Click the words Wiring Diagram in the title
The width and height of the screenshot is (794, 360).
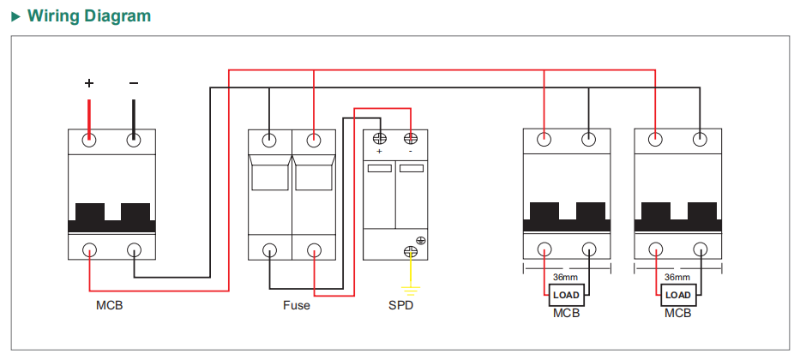pos(89,15)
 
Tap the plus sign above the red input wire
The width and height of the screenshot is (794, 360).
pos(89,83)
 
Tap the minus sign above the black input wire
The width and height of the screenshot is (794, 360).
pos(134,83)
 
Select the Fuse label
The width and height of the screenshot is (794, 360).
pos(297,306)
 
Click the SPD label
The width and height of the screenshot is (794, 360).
pos(401,306)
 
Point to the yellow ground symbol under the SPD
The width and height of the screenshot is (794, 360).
pos(411,291)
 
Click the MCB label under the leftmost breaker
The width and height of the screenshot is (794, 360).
pos(110,306)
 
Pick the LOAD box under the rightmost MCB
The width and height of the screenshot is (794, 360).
pos(678,295)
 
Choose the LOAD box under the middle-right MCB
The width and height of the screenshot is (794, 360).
pos(566,295)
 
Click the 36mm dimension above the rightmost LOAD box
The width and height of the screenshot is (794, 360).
pos(677,277)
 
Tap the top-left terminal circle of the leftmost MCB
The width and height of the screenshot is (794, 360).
pos(89,140)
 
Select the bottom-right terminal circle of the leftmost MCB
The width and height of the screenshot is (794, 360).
pos(134,250)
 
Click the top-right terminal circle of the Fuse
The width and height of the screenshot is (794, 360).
pos(314,140)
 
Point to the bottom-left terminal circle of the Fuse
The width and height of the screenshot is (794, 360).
pos(269,250)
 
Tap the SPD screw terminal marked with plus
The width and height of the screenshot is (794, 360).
pos(380,139)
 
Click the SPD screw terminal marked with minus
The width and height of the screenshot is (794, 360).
pos(410,139)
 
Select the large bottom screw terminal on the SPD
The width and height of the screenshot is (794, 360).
pos(410,251)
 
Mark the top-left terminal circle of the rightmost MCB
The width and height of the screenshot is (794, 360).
pos(655,139)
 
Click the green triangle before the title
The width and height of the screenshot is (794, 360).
pos(16,16)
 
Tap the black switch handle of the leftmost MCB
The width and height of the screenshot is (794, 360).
pos(112,218)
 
